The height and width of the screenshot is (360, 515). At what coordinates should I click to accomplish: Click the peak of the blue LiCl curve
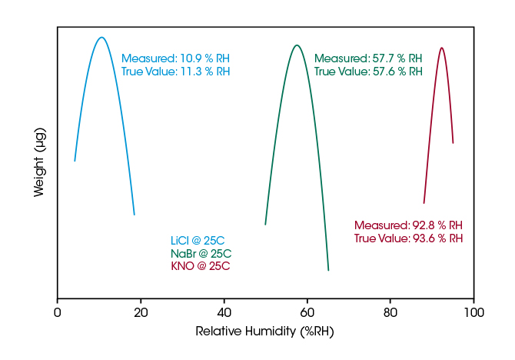pos(101,37)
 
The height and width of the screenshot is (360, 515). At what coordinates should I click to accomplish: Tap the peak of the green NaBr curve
pos(297,45)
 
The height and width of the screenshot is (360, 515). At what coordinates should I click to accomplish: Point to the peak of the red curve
pos(441,48)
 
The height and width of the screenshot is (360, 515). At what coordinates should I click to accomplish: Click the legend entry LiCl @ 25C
pos(198,241)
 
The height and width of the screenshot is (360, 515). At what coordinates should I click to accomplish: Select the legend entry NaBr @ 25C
pos(201,254)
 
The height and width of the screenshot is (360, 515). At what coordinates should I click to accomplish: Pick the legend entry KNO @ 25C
pos(200,267)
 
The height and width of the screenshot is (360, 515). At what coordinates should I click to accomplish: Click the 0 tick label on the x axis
pos(58,313)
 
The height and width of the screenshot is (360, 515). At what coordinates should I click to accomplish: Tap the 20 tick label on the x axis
pos(141,313)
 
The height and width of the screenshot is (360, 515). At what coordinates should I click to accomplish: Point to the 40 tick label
pos(224,313)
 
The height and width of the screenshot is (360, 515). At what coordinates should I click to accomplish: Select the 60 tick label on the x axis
pos(307,313)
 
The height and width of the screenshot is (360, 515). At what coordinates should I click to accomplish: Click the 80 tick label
pos(390,313)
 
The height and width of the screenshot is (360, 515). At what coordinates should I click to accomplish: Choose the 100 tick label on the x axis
pos(473,313)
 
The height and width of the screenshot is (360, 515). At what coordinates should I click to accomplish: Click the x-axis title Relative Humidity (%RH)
pos(265,332)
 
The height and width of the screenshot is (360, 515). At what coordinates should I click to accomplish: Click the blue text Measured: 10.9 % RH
pos(175,58)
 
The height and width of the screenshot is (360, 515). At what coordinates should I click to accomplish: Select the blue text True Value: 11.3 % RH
pos(175,72)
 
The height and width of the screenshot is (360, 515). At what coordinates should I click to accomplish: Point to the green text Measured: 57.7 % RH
pos(368,58)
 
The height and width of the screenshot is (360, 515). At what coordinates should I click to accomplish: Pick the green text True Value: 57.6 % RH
pos(368,72)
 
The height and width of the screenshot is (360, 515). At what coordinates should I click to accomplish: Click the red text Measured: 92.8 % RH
pos(408,225)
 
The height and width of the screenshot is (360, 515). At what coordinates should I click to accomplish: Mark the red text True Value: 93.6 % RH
pos(408,238)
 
